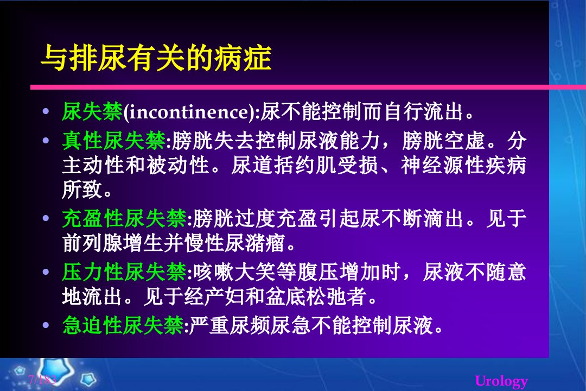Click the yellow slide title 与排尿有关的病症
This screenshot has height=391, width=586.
(x=156, y=58)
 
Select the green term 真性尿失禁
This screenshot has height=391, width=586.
(x=114, y=141)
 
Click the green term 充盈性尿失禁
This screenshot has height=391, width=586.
(x=124, y=218)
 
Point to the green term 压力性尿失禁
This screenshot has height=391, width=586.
(x=124, y=272)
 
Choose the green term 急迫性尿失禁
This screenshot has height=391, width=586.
(x=123, y=325)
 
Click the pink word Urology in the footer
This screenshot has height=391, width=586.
(x=501, y=381)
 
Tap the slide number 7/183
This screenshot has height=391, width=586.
(x=42, y=380)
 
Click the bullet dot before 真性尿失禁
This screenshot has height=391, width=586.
(x=46, y=141)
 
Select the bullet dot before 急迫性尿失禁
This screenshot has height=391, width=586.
(x=46, y=325)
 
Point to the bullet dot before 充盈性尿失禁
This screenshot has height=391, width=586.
(x=46, y=218)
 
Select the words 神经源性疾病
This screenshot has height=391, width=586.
(x=463, y=166)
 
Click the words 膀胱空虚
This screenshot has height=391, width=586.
(x=443, y=141)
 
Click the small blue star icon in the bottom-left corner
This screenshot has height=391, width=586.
(x=88, y=380)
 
